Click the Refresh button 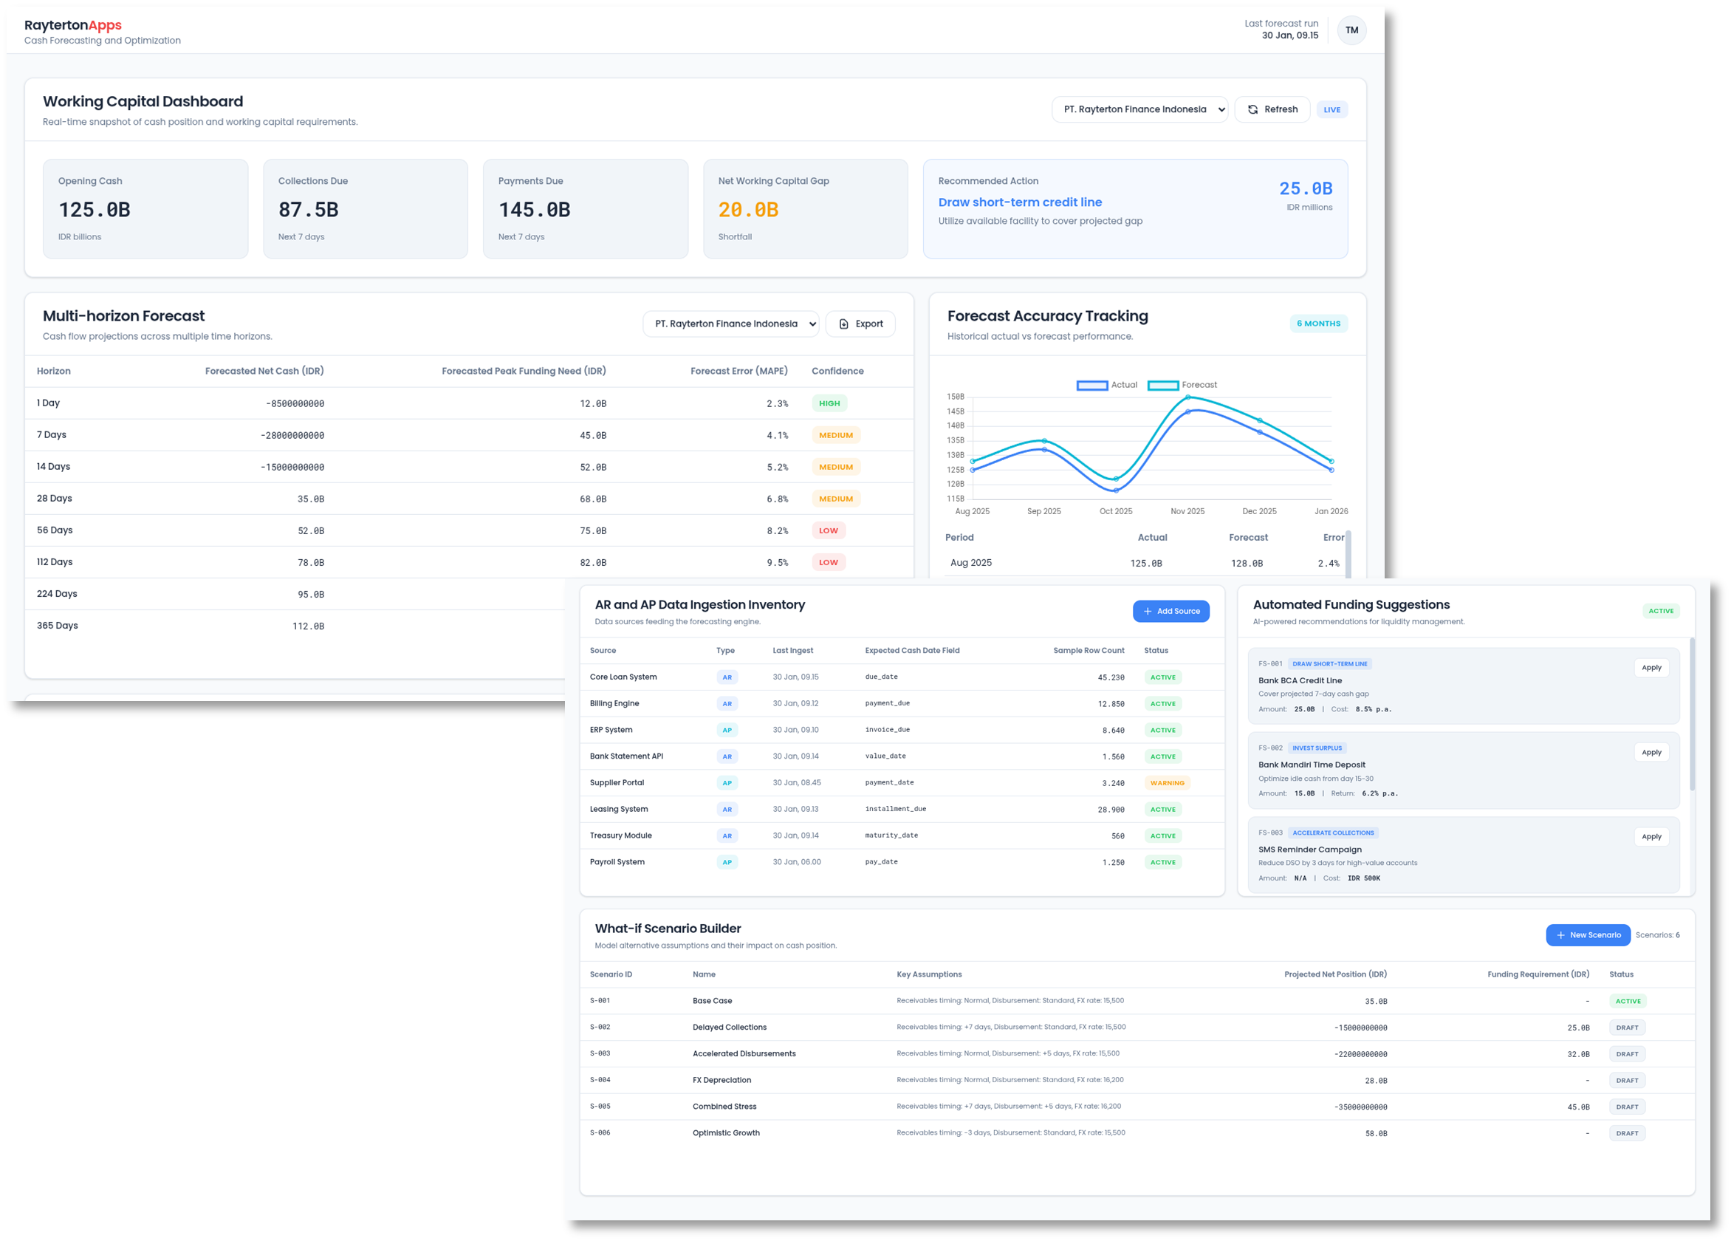tap(1272, 109)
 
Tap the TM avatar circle tap(1351, 30)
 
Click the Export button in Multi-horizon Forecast tap(860, 324)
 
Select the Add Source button tap(1170, 612)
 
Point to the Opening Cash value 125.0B tap(95, 210)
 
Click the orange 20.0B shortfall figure tap(748, 210)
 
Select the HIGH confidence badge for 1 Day tap(829, 404)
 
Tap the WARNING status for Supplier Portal tap(1167, 783)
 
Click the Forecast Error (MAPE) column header tap(738, 371)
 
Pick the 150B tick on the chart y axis tap(955, 397)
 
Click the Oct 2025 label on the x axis tap(1115, 511)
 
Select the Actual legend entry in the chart tap(1107, 386)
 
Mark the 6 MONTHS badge tap(1318, 324)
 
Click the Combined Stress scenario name tap(724, 1107)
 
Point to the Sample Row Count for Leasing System tap(1111, 810)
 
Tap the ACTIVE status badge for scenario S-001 tap(1627, 1002)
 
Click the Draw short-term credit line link tap(1020, 202)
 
